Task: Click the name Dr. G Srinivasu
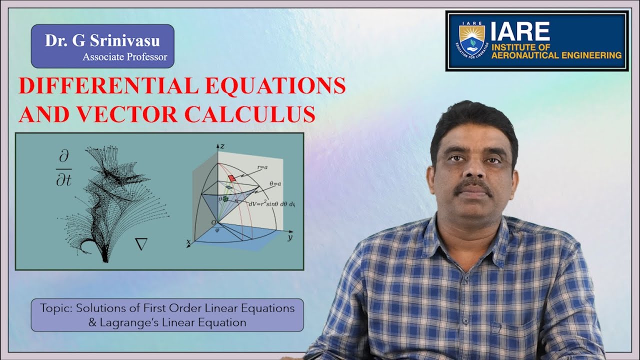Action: [102, 40]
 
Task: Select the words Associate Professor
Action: [125, 57]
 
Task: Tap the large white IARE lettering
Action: [520, 32]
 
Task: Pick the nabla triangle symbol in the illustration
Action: [141, 244]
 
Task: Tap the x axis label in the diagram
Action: [189, 242]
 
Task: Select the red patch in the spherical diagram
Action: [231, 178]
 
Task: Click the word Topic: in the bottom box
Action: [56, 308]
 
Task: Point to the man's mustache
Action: [473, 185]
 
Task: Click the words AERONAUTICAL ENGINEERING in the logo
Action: [556, 55]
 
